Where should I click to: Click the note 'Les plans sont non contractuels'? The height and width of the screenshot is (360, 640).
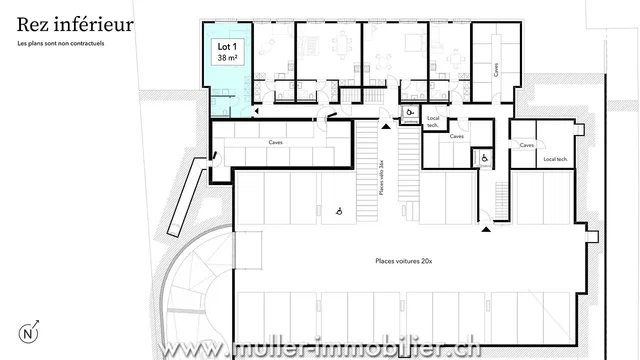pos(60,45)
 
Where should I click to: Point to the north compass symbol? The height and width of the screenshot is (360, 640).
pos(28,334)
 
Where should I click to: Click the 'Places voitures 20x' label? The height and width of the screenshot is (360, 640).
pos(398,259)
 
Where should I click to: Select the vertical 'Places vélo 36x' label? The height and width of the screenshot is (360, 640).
pos(381,176)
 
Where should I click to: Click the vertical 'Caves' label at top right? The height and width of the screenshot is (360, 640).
pos(497,69)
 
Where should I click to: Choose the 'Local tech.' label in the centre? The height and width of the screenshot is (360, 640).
pos(433,121)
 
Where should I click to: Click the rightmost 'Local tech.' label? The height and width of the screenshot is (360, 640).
pos(555,159)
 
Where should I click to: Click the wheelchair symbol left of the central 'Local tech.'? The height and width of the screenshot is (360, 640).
pos(411,112)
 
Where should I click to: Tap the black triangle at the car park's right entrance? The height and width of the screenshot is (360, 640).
pos(486,229)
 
